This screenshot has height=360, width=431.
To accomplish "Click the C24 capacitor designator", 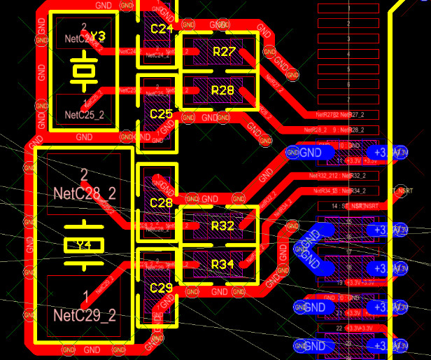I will pyautogui.click(x=161, y=29).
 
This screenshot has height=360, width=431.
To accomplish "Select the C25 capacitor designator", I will pyautogui.click(x=161, y=113).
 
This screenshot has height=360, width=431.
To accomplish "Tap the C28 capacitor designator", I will pyautogui.click(x=161, y=203).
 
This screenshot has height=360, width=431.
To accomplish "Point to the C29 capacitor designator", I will pyautogui.click(x=161, y=288).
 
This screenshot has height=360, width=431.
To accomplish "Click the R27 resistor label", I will pyautogui.click(x=223, y=52).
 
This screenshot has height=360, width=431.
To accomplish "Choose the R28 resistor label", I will pyautogui.click(x=222, y=90).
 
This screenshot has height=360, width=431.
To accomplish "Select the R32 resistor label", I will pyautogui.click(x=222, y=226).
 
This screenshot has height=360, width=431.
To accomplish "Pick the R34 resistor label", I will pyautogui.click(x=222, y=264).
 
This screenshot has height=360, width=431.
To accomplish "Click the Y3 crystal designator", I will pyautogui.click(x=97, y=36).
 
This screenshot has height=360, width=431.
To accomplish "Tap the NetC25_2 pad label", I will pyautogui.click(x=83, y=114).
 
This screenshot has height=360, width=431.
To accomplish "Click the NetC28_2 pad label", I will pyautogui.click(x=84, y=191).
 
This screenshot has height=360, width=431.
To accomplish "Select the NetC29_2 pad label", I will pyautogui.click(x=84, y=314).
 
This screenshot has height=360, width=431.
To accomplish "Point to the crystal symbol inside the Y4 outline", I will pyautogui.click(x=83, y=245).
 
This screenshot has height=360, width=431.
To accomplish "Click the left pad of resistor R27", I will pyautogui.click(x=197, y=52).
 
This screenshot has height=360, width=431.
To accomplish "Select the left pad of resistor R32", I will pyautogui.click(x=197, y=226).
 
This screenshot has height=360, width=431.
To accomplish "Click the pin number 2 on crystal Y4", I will pyautogui.click(x=84, y=174).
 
